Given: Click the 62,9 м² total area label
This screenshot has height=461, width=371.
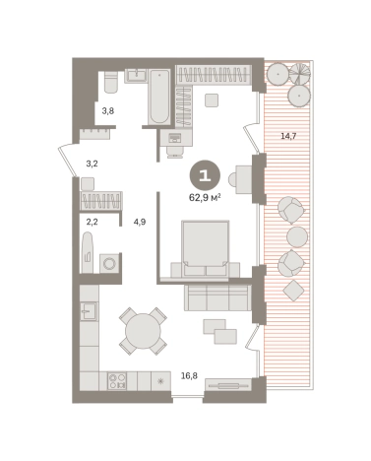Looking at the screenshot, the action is pos(205,198).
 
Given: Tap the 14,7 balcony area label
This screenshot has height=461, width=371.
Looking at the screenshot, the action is pos(288,136).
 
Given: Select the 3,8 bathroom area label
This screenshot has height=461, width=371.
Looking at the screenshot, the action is pos(108,111).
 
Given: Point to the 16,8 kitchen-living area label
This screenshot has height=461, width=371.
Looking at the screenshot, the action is pos(189,375).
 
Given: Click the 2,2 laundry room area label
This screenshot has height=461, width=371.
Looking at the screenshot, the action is pos(92,222).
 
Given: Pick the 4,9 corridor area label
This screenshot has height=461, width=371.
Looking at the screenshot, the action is pos(140,222).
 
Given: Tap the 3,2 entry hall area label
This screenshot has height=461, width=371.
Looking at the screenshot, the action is pos(92,164).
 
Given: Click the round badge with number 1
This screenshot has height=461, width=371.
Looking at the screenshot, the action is pos(205,176).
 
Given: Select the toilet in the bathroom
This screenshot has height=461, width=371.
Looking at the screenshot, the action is pos(111,82).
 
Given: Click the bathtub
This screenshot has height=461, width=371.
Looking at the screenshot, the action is pos(159,97).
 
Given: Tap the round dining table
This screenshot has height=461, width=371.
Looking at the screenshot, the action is pos(143,331).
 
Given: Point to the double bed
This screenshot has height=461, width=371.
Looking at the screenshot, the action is pos(206,248).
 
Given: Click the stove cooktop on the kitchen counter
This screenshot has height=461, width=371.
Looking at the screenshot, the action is pos(117,381).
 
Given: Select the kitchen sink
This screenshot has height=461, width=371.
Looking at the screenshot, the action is pos(89,310).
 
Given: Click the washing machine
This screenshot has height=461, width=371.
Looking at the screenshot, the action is pos(109,263).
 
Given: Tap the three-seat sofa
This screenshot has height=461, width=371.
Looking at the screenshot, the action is pos(217,297).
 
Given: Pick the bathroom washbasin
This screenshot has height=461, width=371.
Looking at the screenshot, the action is pos(137,76).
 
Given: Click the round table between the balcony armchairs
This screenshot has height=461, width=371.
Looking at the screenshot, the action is pos(297,236).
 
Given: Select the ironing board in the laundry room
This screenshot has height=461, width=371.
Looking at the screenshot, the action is pos(88,252).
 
